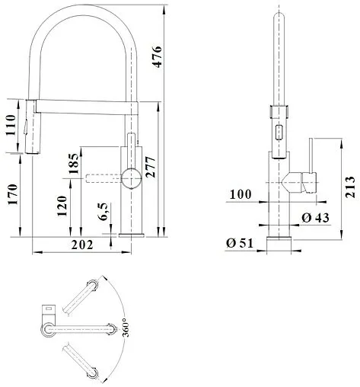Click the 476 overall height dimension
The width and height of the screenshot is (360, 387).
[157, 56]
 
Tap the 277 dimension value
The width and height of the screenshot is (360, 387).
[150, 167]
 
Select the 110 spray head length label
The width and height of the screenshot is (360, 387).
[11, 126]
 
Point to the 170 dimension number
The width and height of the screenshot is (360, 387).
[13, 194]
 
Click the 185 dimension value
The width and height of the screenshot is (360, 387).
[74, 163]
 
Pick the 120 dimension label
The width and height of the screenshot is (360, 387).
[62, 206]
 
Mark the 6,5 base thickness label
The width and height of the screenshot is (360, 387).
[104, 212]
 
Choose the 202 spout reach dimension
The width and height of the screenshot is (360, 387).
[82, 245]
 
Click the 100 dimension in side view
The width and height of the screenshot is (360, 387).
[241, 194]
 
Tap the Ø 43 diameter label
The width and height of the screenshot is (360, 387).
[315, 218]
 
